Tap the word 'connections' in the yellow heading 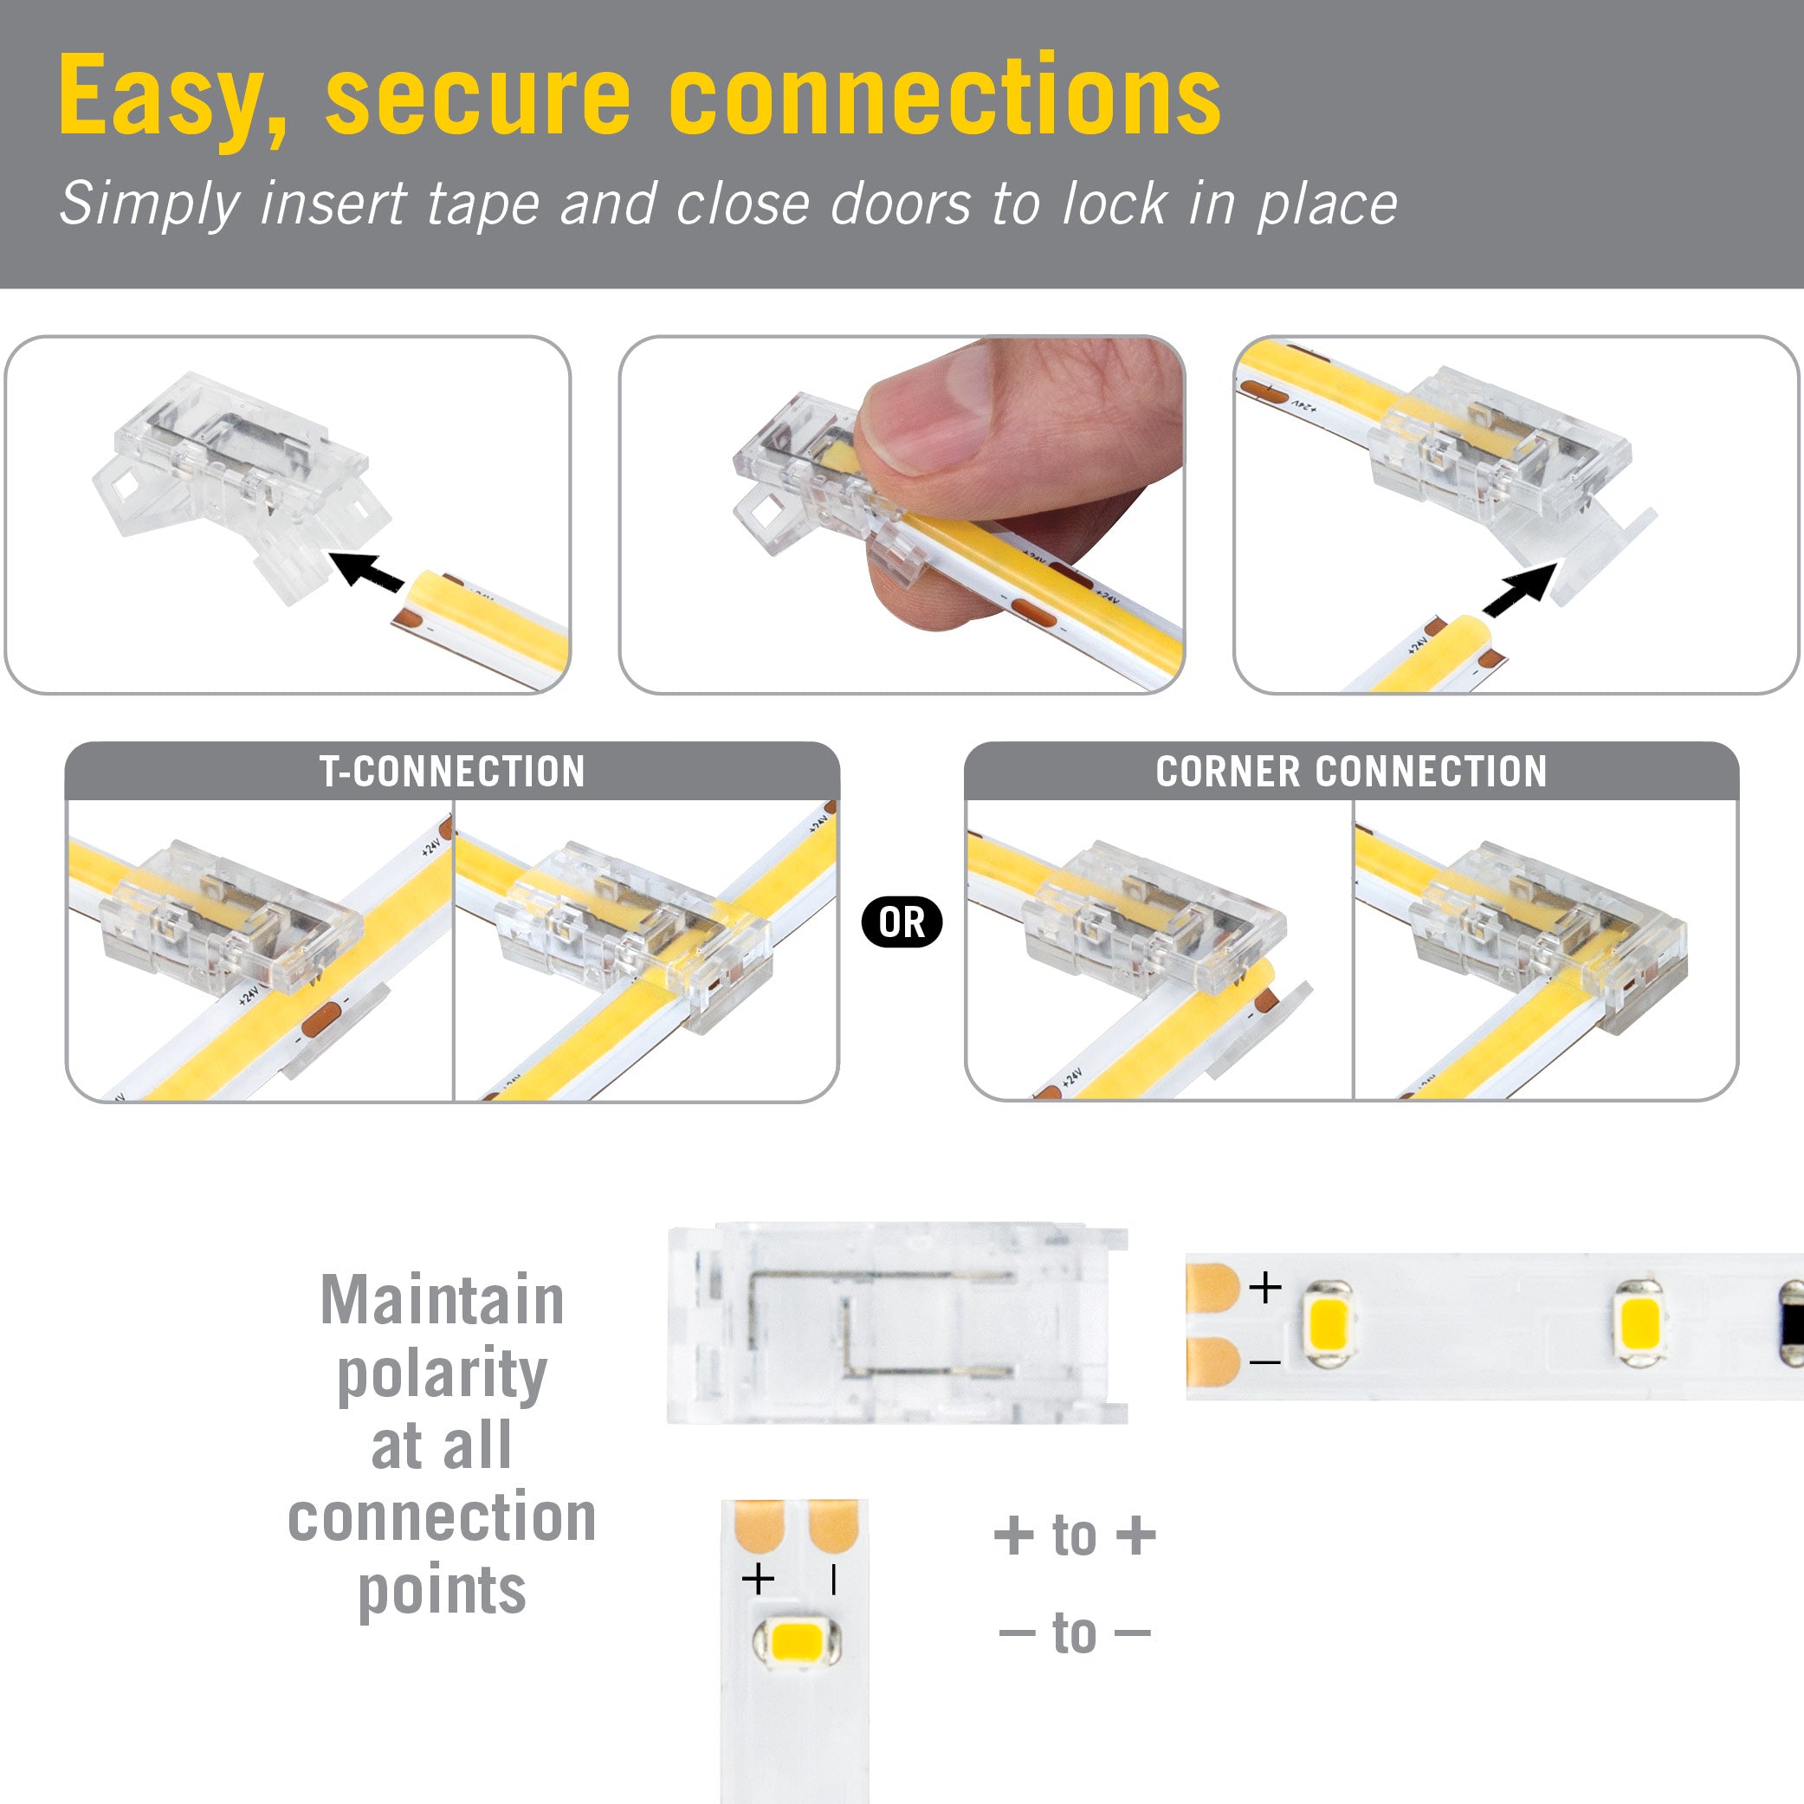pyautogui.click(x=944, y=96)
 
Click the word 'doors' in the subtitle pyautogui.click(x=900, y=204)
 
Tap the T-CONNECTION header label pyautogui.click(x=452, y=773)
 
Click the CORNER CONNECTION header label pyautogui.click(x=1351, y=773)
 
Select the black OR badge pyautogui.click(x=901, y=922)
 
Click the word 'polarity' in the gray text pyautogui.click(x=442, y=1374)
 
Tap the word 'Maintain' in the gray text pyautogui.click(x=442, y=1300)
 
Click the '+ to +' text pyautogui.click(x=1075, y=1536)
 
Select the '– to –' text pyautogui.click(x=1075, y=1633)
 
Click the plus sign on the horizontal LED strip pyautogui.click(x=1265, y=1288)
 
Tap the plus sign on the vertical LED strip pyautogui.click(x=757, y=1580)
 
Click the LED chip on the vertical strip pyautogui.click(x=796, y=1644)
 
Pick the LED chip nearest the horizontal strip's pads pyautogui.click(x=1327, y=1324)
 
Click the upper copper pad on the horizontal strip pyautogui.click(x=1211, y=1288)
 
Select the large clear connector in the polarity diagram pyautogui.click(x=896, y=1323)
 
